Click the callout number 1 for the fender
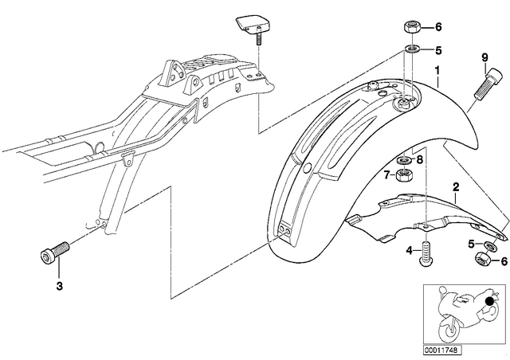[x=437, y=70]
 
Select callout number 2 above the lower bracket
[x=456, y=187]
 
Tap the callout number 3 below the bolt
[x=59, y=286]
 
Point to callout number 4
[x=409, y=250]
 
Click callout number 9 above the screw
[x=485, y=58]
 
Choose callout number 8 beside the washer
[x=419, y=159]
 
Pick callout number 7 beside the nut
[x=386, y=175]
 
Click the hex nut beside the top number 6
[x=412, y=26]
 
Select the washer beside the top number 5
[x=412, y=49]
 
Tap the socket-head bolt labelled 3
[x=55, y=252]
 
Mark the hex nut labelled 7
[x=403, y=176]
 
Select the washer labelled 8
[x=404, y=160]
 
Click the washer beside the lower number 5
[x=489, y=246]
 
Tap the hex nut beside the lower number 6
[x=483, y=260]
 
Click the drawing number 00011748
[x=442, y=350]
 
